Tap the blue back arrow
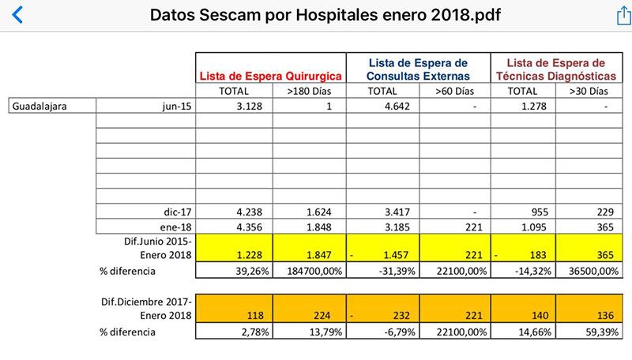tap(17, 15)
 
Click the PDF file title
tap(325, 15)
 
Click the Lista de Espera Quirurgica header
tap(271, 77)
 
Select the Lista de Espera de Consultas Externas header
tap(419, 69)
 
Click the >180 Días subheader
tap(309, 92)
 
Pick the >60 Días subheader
tap(456, 92)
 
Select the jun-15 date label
tap(173, 107)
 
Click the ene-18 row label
tap(172, 227)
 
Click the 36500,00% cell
tap(589, 272)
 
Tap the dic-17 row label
tap(173, 212)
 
